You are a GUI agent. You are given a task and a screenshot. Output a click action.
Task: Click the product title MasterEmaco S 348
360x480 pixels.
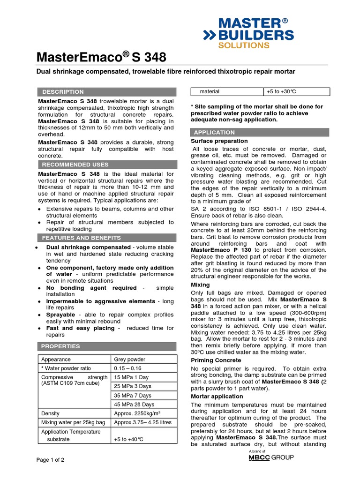coord(101,58)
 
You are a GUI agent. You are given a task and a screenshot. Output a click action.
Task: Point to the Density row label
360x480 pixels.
coord(51,413)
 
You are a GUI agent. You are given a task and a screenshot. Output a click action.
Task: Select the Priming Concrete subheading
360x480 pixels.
coord(216,360)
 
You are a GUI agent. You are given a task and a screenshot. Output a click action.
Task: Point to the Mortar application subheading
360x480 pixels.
coord(217,396)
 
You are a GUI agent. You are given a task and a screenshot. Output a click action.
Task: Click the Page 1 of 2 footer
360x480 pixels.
coord(51,460)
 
